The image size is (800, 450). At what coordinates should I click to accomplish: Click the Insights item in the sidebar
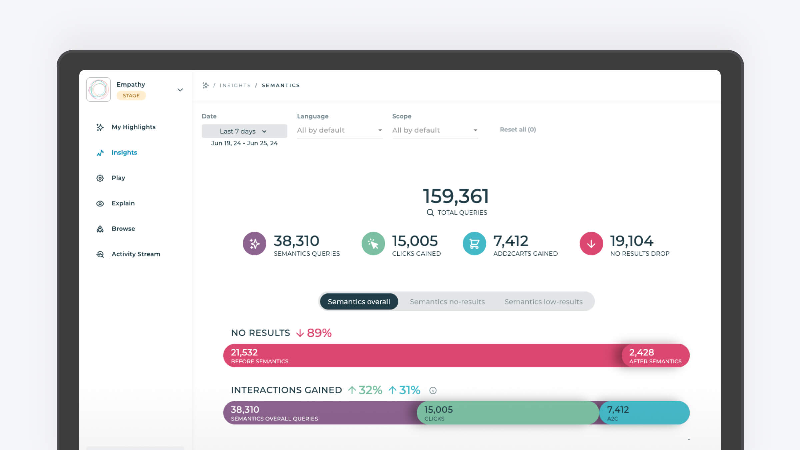(124, 152)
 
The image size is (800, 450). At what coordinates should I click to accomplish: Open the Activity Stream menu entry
(135, 254)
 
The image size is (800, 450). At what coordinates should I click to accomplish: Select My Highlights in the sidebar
(133, 127)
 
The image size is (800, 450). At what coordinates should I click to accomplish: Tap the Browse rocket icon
(100, 229)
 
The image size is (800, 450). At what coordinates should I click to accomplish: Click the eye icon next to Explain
(100, 204)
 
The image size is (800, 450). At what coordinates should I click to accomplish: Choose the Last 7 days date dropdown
(244, 131)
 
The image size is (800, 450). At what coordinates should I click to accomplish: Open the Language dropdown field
(339, 130)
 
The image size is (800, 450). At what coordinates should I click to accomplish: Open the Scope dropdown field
(435, 130)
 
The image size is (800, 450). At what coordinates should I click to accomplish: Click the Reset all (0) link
(517, 129)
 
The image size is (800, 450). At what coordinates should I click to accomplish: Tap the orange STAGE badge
(131, 96)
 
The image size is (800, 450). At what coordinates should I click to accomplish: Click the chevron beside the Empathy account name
(180, 90)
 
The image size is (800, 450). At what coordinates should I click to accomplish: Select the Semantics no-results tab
(447, 302)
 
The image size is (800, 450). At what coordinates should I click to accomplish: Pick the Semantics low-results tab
(543, 302)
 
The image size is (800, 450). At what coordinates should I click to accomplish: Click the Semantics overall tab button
(359, 302)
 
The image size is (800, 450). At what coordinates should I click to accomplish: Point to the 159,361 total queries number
(456, 196)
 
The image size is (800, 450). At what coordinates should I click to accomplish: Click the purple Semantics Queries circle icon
(254, 244)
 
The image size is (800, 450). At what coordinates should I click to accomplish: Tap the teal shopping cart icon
(474, 244)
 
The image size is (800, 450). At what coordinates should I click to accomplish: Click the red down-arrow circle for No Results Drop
(591, 244)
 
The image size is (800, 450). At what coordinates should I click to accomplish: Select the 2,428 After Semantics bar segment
(655, 356)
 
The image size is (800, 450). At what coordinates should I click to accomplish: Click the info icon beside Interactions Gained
(433, 390)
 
